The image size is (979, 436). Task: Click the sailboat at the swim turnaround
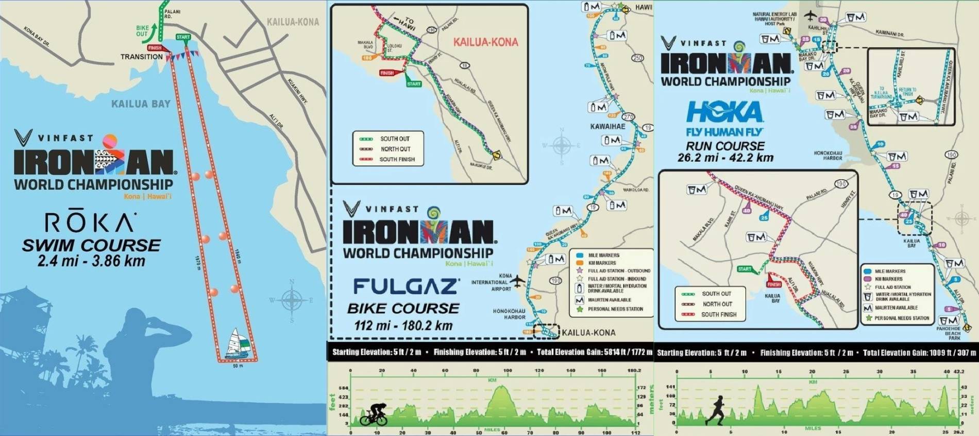click(x=240, y=343)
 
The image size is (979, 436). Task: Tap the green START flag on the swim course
click(x=183, y=37)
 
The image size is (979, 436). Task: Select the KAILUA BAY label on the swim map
click(x=141, y=104)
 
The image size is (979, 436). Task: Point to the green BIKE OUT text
click(x=142, y=31)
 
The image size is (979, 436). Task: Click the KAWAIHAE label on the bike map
click(x=607, y=126)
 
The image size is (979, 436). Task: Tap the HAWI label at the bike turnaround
click(x=643, y=7)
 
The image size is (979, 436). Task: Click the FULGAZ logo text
click(x=407, y=287)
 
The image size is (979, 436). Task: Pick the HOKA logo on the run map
click(x=724, y=112)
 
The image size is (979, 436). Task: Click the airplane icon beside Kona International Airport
click(x=517, y=281)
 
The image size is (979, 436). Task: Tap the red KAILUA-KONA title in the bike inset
click(x=485, y=42)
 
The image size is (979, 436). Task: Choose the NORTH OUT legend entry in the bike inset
click(x=395, y=149)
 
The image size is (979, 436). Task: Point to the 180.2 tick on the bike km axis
click(x=634, y=371)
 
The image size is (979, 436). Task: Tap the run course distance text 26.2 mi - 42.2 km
click(x=725, y=158)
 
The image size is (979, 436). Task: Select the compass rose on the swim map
click(x=292, y=300)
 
